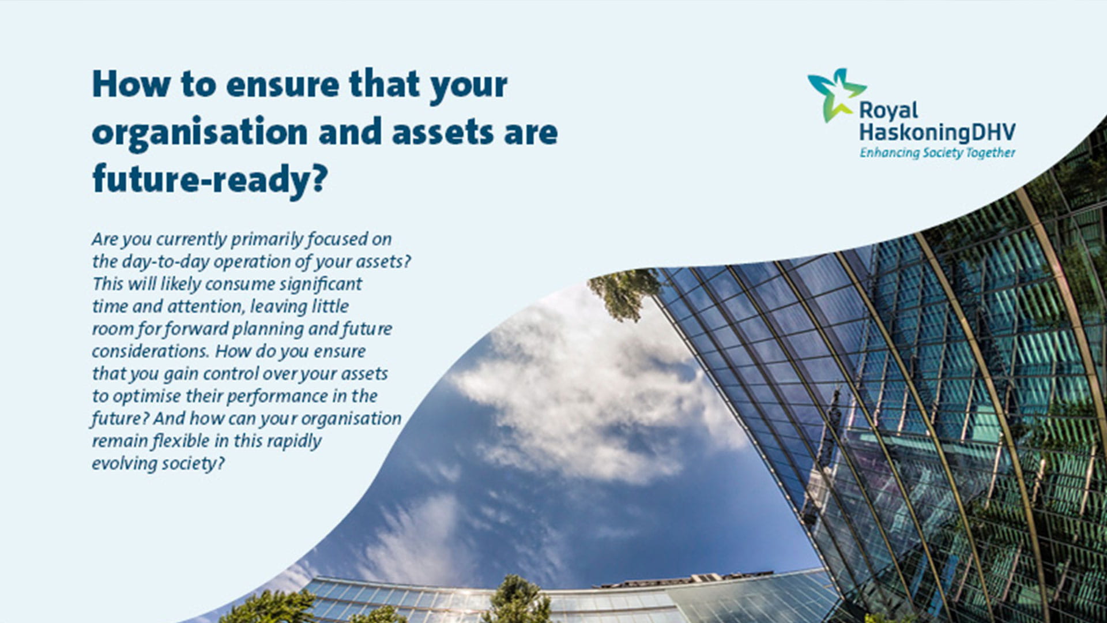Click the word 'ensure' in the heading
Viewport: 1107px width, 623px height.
tap(283, 85)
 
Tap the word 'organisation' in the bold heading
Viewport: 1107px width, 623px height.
tap(199, 133)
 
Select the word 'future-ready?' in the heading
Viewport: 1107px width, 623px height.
tap(210, 179)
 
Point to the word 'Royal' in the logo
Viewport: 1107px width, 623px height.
tap(888, 110)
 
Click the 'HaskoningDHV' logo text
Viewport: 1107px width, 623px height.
tap(937, 132)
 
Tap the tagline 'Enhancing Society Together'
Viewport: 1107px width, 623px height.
tap(937, 153)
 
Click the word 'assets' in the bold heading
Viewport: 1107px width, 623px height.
tap(442, 133)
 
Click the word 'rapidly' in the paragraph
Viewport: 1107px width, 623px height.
tap(294, 441)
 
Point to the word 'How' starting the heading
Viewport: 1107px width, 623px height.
tap(131, 85)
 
